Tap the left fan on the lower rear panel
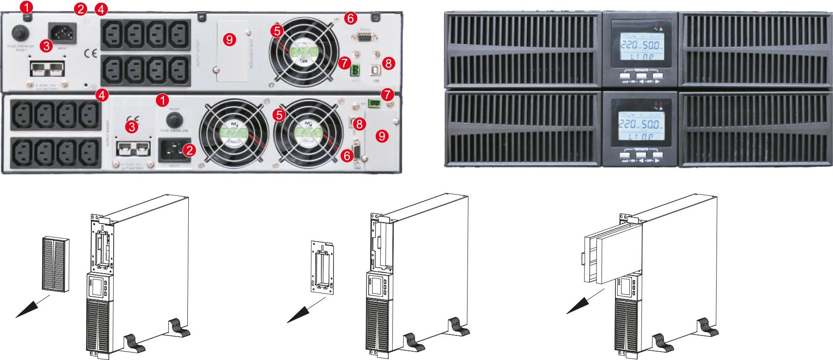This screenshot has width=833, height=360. (x=234, y=132)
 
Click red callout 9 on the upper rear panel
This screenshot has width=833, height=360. (x=230, y=39)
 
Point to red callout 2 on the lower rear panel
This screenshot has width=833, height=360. (x=189, y=150)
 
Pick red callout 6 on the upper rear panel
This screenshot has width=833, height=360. (x=351, y=18)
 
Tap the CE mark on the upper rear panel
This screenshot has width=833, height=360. (x=91, y=53)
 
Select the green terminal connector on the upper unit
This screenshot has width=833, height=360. (x=355, y=71)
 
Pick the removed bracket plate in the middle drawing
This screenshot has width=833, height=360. (x=322, y=267)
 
